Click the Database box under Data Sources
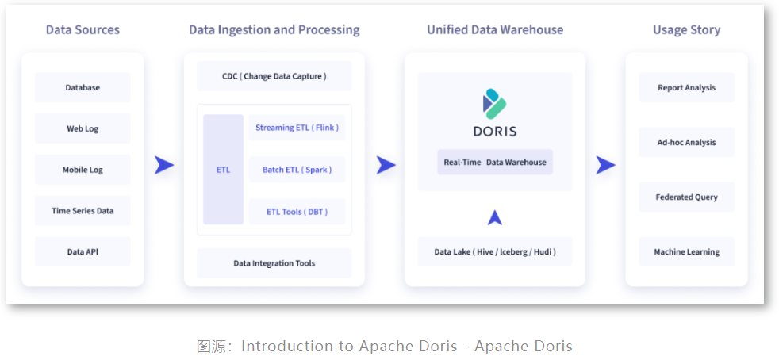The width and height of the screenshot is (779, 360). point(83,87)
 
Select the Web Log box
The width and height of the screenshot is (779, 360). point(83,128)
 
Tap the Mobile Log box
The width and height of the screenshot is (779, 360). point(83,170)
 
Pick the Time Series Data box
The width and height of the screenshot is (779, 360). point(83,211)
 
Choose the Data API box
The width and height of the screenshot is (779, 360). point(83,252)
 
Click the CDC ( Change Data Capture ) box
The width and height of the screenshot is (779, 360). point(274,76)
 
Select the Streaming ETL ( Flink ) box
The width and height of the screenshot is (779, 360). point(297,127)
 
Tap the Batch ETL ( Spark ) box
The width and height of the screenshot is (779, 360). point(297,170)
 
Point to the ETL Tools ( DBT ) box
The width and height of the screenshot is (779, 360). point(297,212)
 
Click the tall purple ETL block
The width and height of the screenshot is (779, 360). point(223,170)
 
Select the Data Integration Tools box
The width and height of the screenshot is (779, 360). point(274,263)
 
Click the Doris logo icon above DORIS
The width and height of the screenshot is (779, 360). point(494,103)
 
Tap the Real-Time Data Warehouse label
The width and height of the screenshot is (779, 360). point(495,162)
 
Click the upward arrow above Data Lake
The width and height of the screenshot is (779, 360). point(495,217)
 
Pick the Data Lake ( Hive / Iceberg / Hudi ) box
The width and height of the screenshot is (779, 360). point(495,252)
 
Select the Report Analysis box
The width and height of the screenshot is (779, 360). point(686,87)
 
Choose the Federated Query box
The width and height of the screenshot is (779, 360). point(686,197)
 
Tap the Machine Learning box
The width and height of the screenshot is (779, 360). point(686,252)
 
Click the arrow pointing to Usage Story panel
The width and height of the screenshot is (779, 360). point(605,165)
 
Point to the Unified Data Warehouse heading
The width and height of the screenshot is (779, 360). point(495,30)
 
